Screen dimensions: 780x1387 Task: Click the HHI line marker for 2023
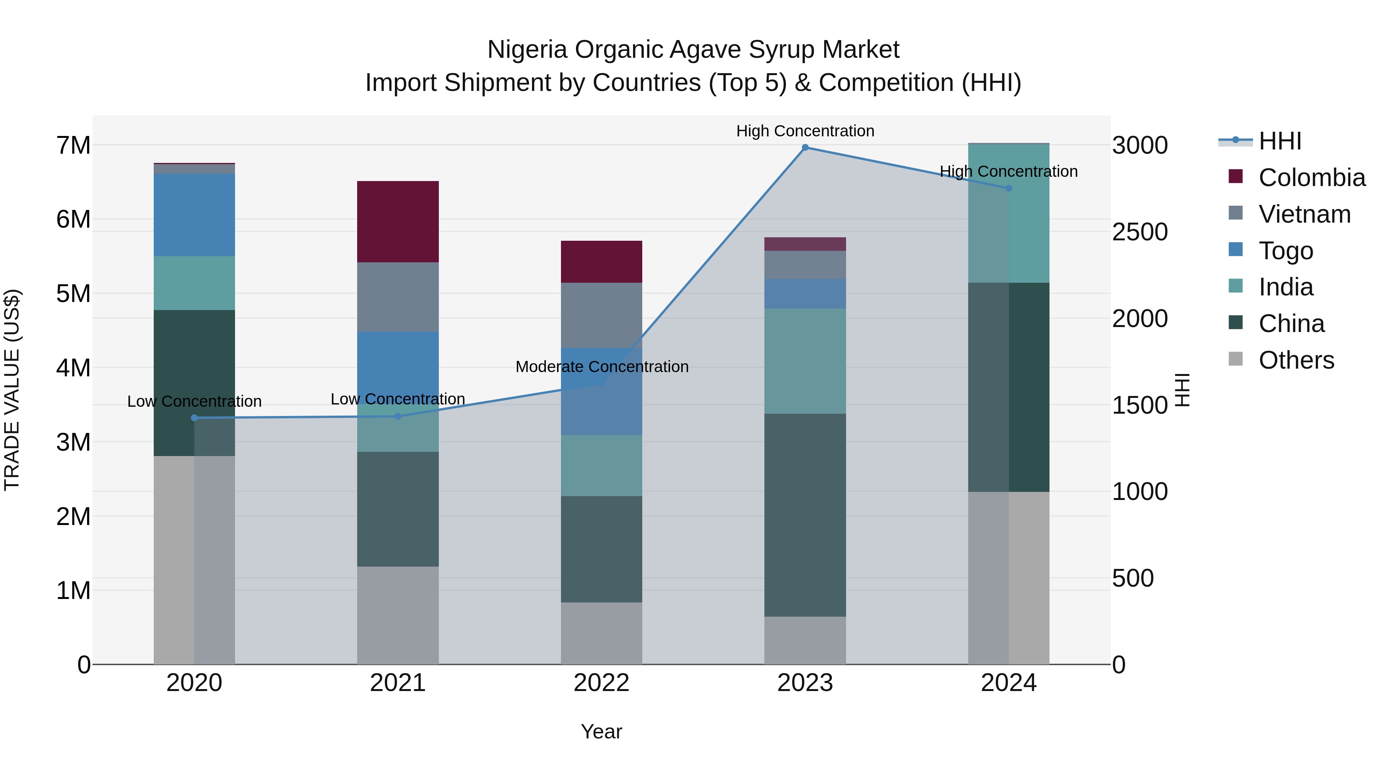coord(805,148)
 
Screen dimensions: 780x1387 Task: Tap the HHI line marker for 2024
coord(1009,188)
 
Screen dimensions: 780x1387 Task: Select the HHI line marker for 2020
coord(195,418)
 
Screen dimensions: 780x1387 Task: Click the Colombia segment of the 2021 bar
coord(398,222)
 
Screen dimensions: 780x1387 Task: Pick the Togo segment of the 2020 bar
coord(195,215)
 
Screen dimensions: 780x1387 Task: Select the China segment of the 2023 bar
coord(805,515)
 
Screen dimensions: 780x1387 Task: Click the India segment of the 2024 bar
coord(1009,213)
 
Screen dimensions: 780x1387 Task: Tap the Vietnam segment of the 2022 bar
coord(601,315)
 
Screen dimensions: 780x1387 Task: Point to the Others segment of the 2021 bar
coord(398,615)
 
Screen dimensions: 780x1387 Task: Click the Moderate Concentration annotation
coord(601,367)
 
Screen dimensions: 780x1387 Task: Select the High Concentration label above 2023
coord(805,131)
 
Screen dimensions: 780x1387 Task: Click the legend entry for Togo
coord(1286,251)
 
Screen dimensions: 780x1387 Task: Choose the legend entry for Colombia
coord(1311,178)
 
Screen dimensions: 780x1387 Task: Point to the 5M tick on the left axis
coord(73,294)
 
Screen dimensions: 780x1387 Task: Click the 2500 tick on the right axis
coord(1140,232)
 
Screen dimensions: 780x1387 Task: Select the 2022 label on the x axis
coord(601,683)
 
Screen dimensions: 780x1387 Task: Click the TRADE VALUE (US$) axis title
coord(12,390)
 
